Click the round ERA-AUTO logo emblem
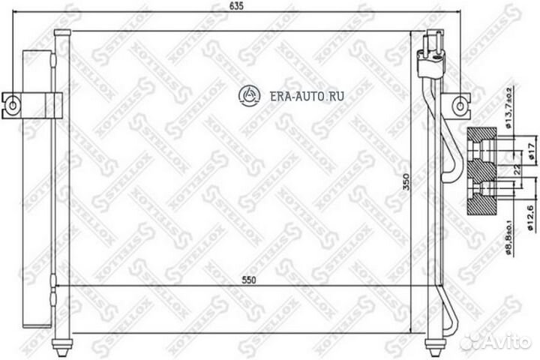(247, 94)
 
